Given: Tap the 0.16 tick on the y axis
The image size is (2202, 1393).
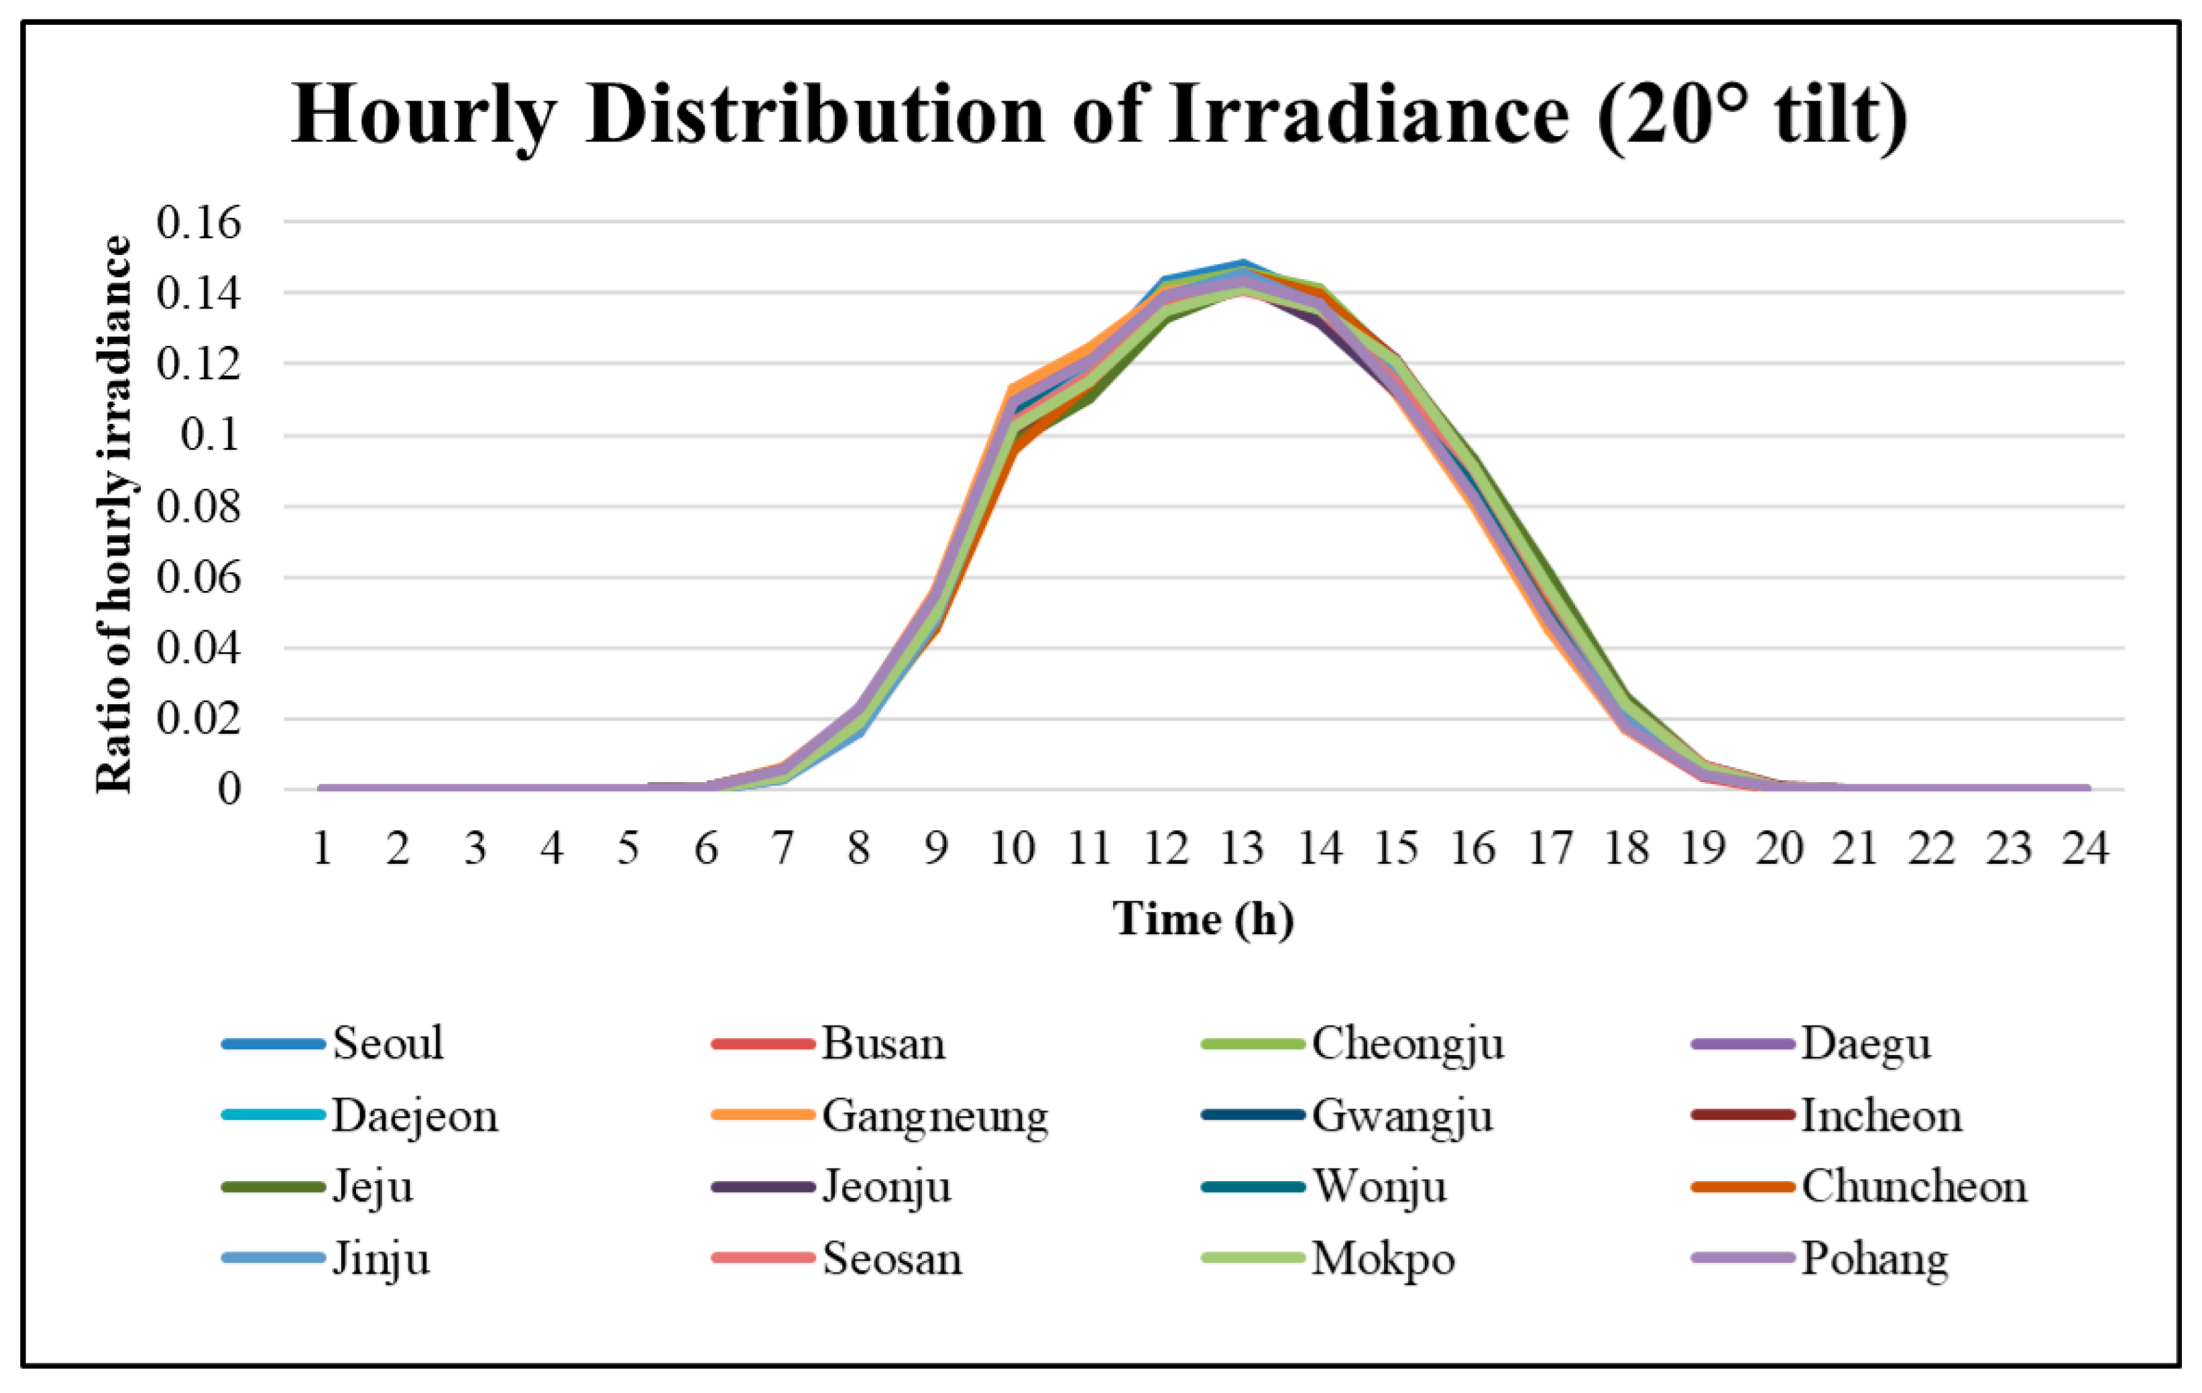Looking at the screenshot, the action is pyautogui.click(x=198, y=221).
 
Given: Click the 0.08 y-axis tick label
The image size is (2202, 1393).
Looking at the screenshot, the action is pyautogui.click(x=198, y=506).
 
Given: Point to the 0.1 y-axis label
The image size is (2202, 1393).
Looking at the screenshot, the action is pyautogui.click(x=211, y=435).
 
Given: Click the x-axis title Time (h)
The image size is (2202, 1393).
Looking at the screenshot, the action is pyautogui.click(x=1204, y=920).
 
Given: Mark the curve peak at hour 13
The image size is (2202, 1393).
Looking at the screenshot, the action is pyautogui.click(x=1242, y=264).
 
